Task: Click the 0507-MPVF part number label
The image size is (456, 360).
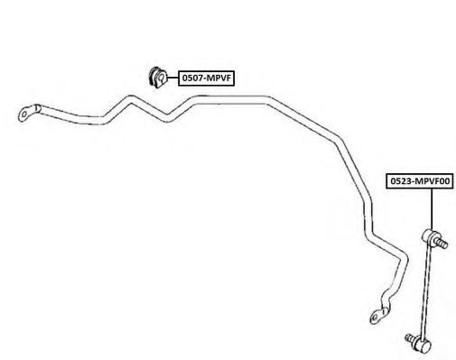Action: tap(206, 78)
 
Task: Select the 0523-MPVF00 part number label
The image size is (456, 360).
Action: tap(420, 181)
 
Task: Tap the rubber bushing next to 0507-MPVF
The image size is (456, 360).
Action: tap(158, 78)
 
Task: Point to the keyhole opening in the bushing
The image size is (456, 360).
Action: tap(162, 79)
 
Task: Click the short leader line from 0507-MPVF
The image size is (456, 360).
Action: tap(172, 78)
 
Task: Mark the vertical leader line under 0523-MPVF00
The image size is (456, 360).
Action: tap(432, 209)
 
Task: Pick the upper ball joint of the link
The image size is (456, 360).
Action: tap(429, 235)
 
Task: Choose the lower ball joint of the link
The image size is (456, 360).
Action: tap(423, 346)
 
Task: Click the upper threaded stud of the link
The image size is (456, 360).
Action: tap(442, 243)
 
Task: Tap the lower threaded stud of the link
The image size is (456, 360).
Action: tap(411, 338)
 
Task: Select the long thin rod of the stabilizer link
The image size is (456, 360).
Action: tap(426, 291)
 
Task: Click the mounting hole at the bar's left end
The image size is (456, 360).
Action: tap(23, 115)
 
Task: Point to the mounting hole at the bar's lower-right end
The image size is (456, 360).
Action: tap(375, 318)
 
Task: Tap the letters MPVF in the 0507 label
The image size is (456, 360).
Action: tap(219, 78)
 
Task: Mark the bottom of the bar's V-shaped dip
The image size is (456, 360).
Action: tap(168, 118)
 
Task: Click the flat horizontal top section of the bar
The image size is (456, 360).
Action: tap(231, 100)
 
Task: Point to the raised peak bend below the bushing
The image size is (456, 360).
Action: tap(131, 100)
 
